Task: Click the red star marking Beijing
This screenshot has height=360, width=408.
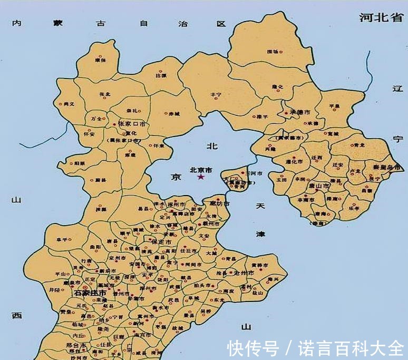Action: (x=201, y=177)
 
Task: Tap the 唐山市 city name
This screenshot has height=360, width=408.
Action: (x=319, y=186)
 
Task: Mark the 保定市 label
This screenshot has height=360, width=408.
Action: (x=161, y=241)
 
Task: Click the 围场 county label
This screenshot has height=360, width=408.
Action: (x=273, y=52)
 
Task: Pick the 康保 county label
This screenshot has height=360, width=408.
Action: (x=101, y=61)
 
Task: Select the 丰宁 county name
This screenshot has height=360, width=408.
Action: (x=216, y=94)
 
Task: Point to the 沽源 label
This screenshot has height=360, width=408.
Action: (x=161, y=76)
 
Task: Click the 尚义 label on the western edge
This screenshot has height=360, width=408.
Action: (x=69, y=104)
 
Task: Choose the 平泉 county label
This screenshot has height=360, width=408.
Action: (x=334, y=106)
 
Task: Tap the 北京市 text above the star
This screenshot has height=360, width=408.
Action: (x=201, y=170)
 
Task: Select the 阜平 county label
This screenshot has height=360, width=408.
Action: (x=62, y=240)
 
